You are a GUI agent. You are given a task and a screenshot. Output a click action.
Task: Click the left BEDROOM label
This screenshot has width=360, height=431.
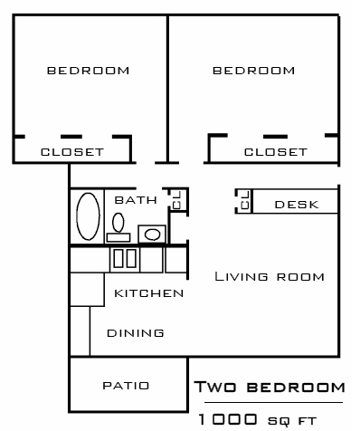click(x=88, y=70)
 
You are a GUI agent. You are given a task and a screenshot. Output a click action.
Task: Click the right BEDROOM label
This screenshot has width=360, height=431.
click(x=252, y=70)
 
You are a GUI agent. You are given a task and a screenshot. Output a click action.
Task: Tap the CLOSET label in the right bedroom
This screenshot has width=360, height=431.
click(x=276, y=151)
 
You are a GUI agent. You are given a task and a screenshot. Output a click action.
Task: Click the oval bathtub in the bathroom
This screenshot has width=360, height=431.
click(x=88, y=216)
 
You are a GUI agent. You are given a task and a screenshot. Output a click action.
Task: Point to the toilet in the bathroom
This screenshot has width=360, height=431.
click(x=118, y=223)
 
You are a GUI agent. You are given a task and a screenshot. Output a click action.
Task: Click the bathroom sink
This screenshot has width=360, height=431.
click(x=153, y=235)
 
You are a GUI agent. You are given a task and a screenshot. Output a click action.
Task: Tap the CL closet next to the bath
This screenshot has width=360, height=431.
click(x=177, y=199)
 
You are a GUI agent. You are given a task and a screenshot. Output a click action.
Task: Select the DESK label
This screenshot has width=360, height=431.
click(x=297, y=204)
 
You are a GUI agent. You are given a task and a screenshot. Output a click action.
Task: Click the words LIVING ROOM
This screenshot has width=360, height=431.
click(x=269, y=276)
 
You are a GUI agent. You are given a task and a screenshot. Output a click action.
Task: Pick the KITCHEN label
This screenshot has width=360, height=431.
click(x=149, y=293)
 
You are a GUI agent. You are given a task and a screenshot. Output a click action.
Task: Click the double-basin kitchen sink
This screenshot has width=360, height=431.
click(x=124, y=258)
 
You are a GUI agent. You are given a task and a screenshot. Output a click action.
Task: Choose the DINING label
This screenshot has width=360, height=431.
click(x=135, y=333)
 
